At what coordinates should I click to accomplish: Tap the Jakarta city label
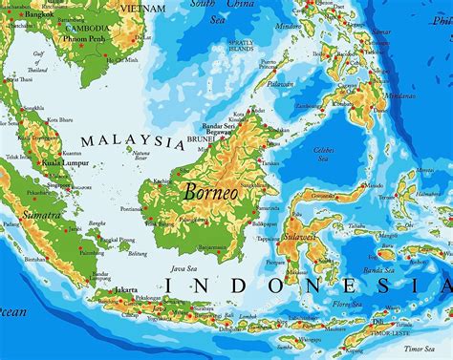[122, 263]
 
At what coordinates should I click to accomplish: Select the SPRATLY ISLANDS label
[241, 46]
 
